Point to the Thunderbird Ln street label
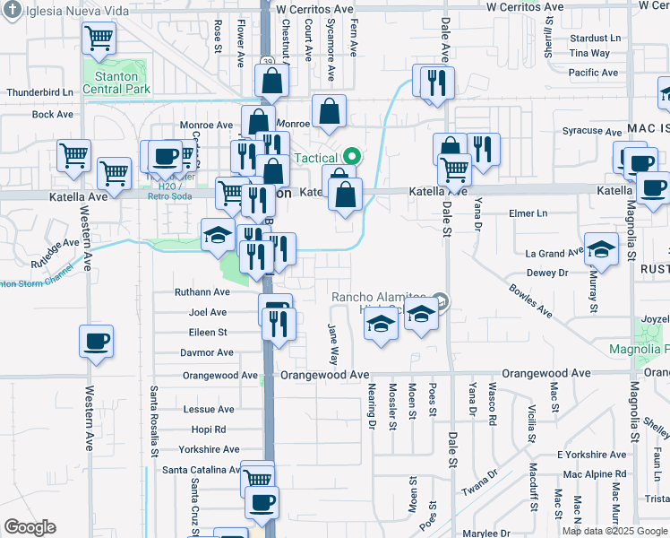click(40, 92)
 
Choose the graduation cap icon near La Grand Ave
click(601, 249)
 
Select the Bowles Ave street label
click(531, 301)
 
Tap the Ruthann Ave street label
click(202, 292)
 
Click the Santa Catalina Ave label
click(202, 470)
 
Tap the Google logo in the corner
click(30, 527)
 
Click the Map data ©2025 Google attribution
click(614, 531)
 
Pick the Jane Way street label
click(333, 343)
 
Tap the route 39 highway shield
click(268, 62)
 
